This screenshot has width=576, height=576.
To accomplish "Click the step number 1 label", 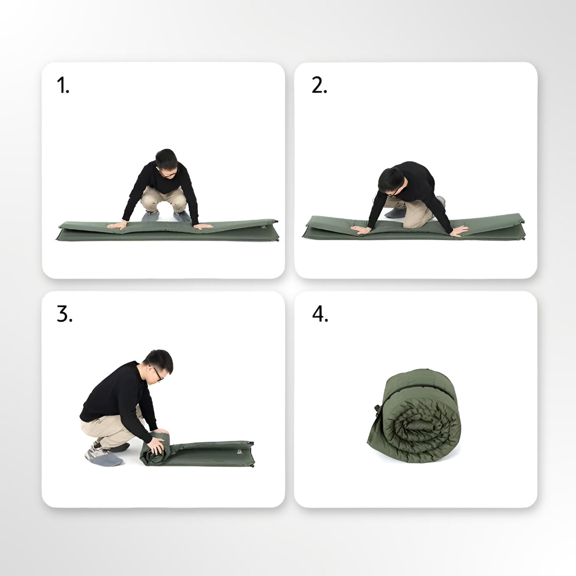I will tap(63, 85).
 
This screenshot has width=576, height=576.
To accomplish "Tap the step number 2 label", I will tap(319, 85).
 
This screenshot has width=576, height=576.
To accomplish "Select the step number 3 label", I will tap(64, 315).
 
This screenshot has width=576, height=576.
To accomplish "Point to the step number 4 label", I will tap(320, 315).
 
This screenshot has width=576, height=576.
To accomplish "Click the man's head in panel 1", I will tap(166, 161).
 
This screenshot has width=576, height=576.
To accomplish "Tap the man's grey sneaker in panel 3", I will tap(102, 457).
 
